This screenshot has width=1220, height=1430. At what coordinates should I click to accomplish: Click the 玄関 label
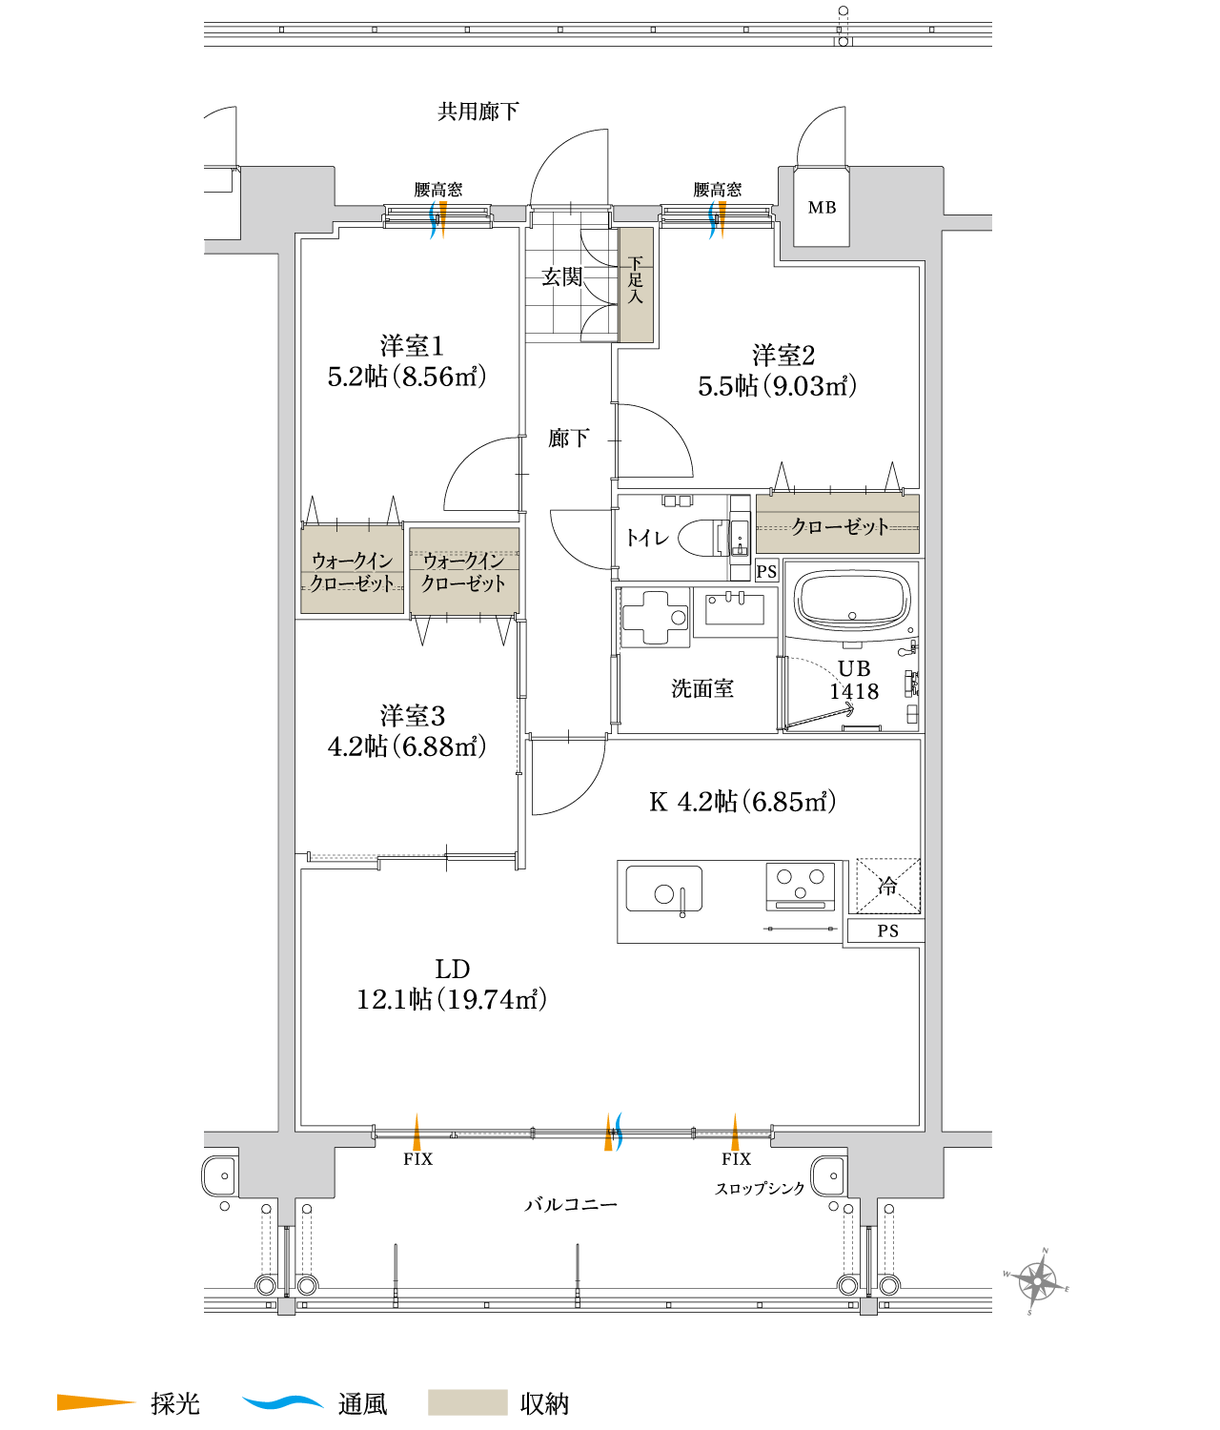tap(561, 276)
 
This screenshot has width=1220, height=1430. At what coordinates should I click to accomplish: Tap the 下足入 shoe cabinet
tap(636, 284)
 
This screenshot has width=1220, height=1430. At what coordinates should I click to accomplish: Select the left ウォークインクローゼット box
tap(353, 570)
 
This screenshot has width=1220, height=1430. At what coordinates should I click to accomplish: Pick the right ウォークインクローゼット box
tap(464, 571)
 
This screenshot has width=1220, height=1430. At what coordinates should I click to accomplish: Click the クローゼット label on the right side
tap(839, 526)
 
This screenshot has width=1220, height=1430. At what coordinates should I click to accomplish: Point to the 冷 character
tap(887, 886)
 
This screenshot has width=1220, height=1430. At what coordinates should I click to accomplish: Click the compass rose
tap(1037, 1281)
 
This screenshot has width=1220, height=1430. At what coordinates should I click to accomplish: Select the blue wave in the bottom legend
tap(283, 1402)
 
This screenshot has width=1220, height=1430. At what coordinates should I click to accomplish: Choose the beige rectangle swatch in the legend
tap(467, 1402)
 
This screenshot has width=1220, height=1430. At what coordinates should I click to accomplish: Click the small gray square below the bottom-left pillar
tap(287, 1306)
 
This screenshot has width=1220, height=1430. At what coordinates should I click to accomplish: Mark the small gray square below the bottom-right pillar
tap(868, 1306)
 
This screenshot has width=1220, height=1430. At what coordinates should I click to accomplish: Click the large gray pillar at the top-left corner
tap(287, 200)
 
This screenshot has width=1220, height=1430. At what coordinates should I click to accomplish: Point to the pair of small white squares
tap(678, 501)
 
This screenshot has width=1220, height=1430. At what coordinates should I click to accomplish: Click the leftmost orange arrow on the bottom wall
tap(417, 1134)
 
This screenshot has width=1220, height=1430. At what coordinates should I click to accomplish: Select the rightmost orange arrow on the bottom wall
tap(735, 1134)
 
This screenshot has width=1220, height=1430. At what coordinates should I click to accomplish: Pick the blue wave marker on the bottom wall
tap(619, 1132)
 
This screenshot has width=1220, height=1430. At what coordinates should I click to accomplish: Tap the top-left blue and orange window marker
tap(438, 219)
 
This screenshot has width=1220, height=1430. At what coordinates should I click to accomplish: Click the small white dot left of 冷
tap(682, 915)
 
